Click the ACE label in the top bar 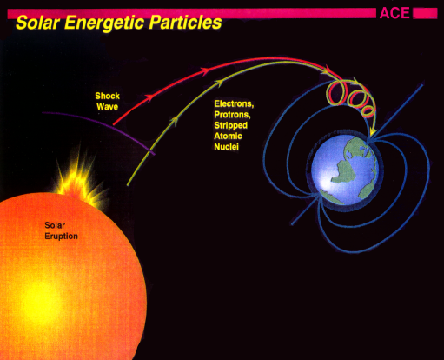coord(394,12)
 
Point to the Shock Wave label coord(109,100)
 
